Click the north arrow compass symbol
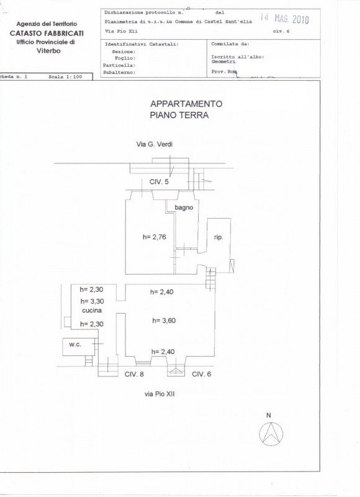271,433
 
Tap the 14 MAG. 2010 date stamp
284,19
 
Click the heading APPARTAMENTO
186,104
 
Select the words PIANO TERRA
179,116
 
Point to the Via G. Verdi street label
155,144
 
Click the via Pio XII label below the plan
160,394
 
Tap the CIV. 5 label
159,182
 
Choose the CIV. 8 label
134,375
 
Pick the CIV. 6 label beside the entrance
201,375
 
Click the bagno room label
184,207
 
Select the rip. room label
218,237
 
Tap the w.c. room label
75,345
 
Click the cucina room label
92,310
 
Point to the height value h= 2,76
154,237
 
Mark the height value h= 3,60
164,321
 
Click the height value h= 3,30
92,301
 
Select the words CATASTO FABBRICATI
47,33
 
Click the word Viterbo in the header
48,51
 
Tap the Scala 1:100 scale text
65,76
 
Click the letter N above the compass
269,415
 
